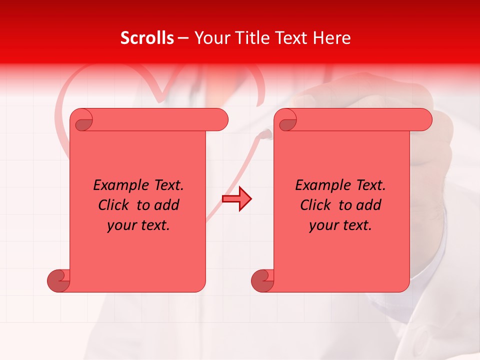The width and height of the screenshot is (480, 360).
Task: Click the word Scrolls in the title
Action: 147,38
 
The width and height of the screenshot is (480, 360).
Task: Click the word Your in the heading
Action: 210,38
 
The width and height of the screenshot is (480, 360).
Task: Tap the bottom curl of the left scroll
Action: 59,280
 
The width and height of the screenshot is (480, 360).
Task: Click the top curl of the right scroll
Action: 287,120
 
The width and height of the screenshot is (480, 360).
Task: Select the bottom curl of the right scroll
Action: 263,280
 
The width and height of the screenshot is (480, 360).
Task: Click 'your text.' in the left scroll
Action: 138,225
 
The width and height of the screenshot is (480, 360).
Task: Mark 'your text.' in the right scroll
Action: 340,225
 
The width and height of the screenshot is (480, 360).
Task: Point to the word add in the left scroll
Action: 167,205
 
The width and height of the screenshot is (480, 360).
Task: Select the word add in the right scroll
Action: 369,205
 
